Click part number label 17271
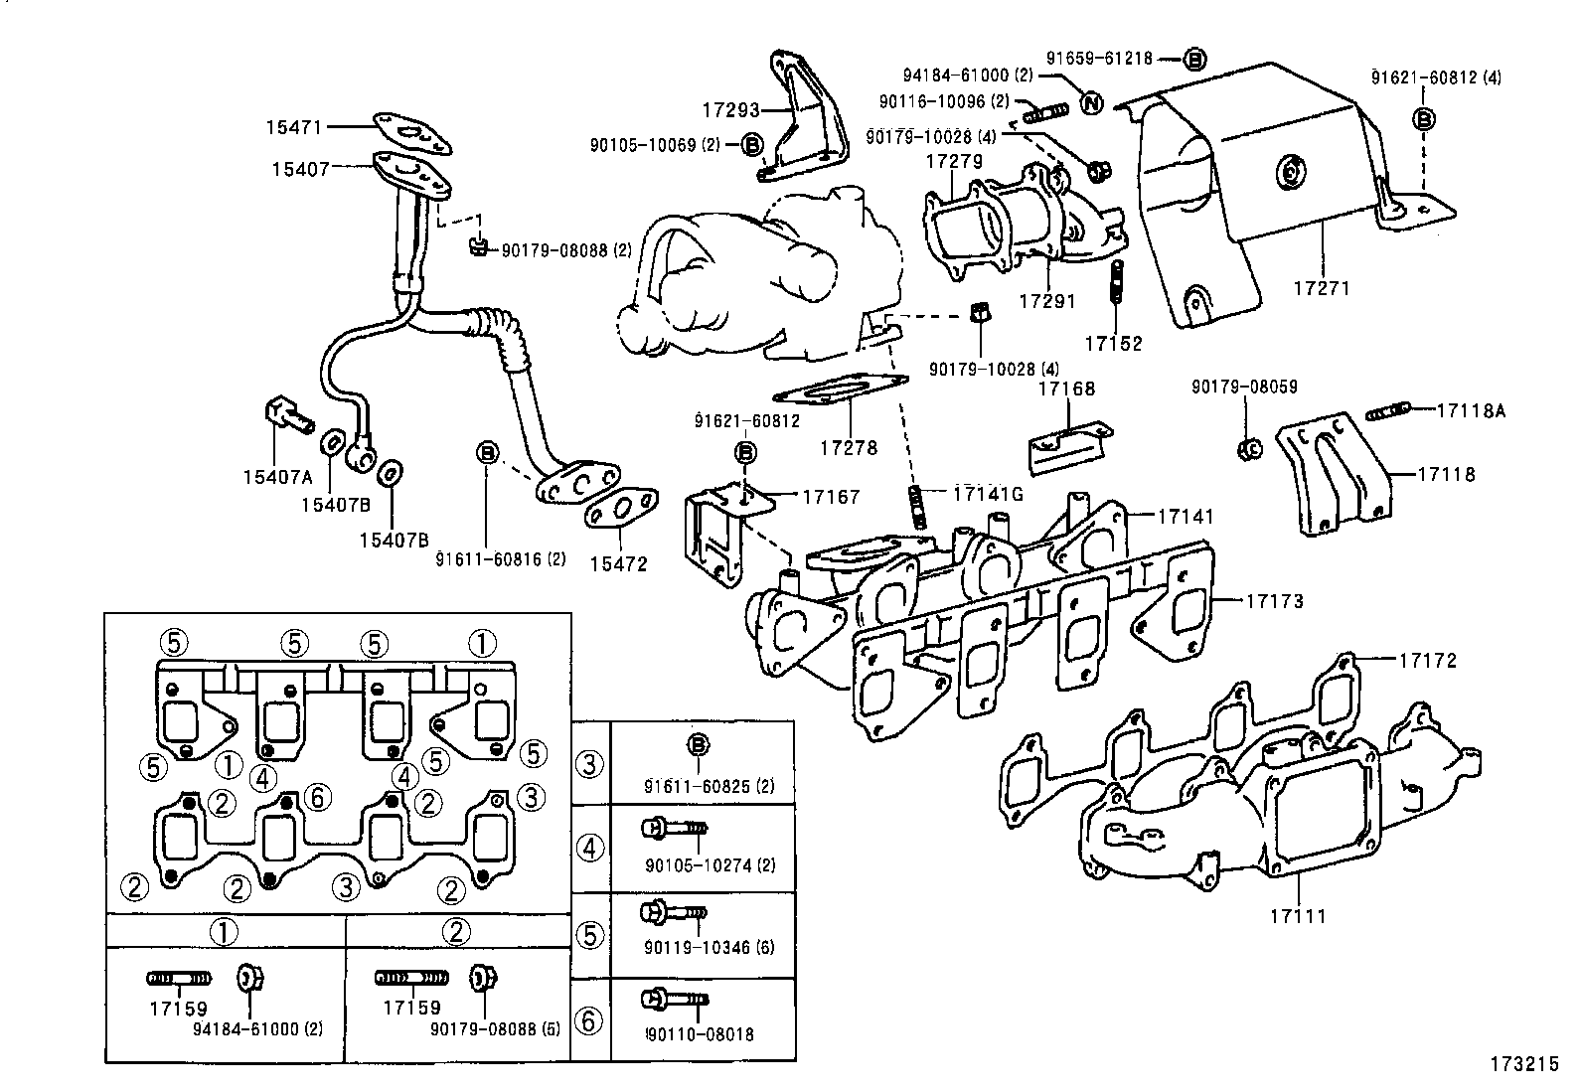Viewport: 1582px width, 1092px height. pos(1322,288)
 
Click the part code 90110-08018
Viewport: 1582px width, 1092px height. pos(700,1034)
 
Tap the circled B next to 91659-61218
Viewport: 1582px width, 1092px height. pos(1195,59)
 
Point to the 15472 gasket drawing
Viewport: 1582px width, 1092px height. pos(621,512)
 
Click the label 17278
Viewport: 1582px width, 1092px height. pos(849,448)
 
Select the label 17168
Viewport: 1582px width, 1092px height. pos(1066,389)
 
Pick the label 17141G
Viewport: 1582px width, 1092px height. pos(987,494)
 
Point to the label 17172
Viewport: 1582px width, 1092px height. pos(1428,660)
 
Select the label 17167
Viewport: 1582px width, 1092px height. pos(830,496)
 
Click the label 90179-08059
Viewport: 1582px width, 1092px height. pos(1244,388)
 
